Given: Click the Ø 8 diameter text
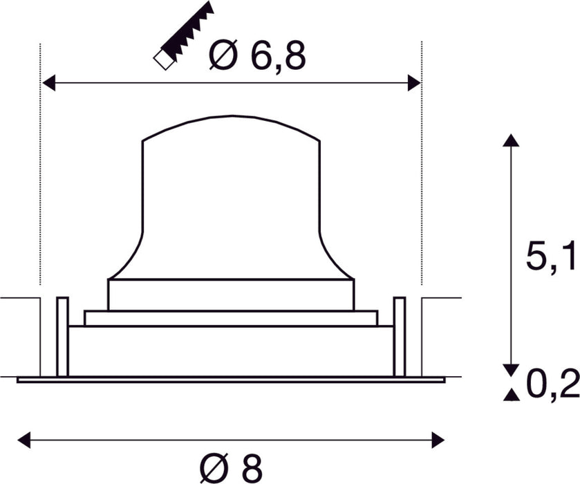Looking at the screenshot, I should (x=231, y=468).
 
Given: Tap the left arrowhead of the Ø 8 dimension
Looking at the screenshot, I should (x=24, y=438).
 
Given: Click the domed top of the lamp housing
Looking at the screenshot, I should (x=231, y=124).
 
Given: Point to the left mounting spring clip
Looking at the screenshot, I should (x=62, y=336).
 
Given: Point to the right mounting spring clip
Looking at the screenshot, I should (x=399, y=336).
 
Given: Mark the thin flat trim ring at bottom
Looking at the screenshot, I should (x=231, y=380).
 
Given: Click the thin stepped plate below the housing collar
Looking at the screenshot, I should (x=231, y=318).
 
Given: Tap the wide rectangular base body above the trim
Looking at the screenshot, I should (x=231, y=351).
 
